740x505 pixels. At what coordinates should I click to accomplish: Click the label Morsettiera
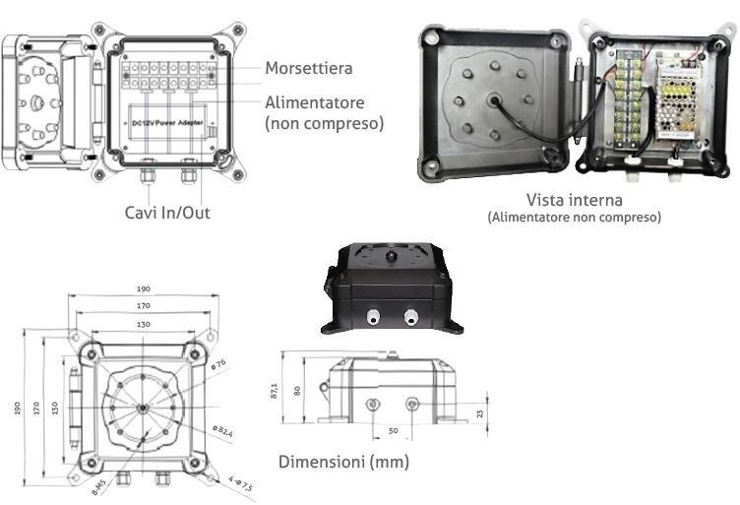click(308, 68)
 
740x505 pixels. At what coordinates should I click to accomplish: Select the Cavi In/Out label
click(167, 212)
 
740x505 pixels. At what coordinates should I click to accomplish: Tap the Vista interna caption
click(574, 198)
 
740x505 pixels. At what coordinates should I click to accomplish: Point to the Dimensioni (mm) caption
click(343, 462)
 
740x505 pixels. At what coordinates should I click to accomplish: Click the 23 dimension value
click(479, 412)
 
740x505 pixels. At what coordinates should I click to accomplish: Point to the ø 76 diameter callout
click(220, 365)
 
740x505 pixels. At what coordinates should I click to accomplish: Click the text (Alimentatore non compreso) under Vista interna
click(574, 217)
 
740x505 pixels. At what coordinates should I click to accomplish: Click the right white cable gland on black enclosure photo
click(408, 317)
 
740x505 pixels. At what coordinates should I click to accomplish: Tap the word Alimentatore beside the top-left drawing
click(315, 102)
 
